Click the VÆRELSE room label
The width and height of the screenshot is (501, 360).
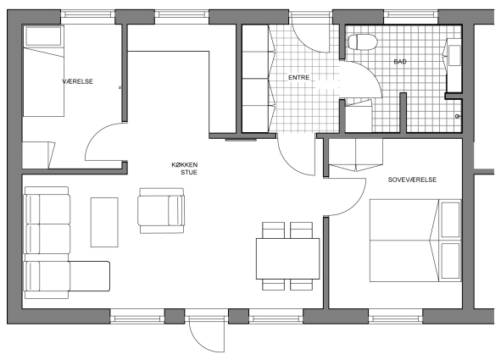(77, 81)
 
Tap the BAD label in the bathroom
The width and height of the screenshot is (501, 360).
(400, 61)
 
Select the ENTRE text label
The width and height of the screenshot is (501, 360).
(298, 78)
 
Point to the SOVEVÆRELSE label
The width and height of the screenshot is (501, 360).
(412, 180)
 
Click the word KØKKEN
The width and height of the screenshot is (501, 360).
(185, 164)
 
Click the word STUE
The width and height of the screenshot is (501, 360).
(189, 172)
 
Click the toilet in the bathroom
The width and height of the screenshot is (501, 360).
(363, 42)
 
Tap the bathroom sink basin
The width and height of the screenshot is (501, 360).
(454, 56)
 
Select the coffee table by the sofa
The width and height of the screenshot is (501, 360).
(104, 222)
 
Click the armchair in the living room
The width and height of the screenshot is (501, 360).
(161, 210)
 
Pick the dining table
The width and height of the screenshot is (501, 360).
(287, 258)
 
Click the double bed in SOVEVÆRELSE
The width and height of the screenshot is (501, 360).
(415, 241)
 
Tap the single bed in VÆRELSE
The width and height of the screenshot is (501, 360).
(43, 71)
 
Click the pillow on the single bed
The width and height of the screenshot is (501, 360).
(43, 36)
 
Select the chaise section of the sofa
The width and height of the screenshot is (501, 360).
(90, 276)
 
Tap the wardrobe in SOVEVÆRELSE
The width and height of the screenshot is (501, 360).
(356, 155)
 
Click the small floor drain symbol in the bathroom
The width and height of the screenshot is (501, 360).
(458, 116)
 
